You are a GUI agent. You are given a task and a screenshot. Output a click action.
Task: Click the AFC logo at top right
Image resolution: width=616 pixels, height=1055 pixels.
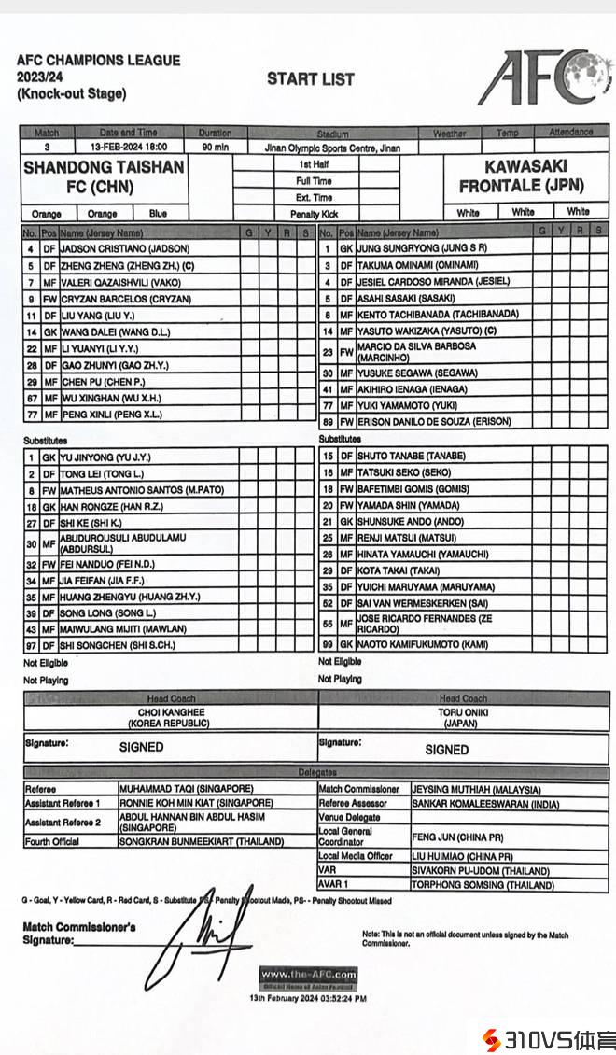[x=542, y=77]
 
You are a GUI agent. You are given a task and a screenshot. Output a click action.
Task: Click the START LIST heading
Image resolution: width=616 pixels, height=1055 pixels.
[x=311, y=79]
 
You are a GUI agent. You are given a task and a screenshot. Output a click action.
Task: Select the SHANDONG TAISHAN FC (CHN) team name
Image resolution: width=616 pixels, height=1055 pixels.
[x=104, y=176]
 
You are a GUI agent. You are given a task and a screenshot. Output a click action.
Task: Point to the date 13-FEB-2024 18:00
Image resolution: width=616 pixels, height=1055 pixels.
[x=129, y=148]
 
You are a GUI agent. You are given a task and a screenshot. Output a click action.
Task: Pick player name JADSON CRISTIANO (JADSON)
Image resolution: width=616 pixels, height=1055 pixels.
[x=125, y=249]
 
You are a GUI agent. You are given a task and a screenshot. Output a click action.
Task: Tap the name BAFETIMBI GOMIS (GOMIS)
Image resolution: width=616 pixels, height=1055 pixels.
[x=413, y=488]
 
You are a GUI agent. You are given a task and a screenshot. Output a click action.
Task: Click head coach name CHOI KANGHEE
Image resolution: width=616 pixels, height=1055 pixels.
[x=171, y=712]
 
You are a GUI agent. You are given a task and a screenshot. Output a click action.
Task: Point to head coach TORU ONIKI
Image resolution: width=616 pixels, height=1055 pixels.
[x=464, y=711]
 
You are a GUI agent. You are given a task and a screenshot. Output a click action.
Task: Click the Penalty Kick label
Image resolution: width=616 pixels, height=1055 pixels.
[x=314, y=213]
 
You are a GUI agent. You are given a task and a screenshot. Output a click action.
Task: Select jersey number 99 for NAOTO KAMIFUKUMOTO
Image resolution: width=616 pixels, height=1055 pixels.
[x=328, y=645]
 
